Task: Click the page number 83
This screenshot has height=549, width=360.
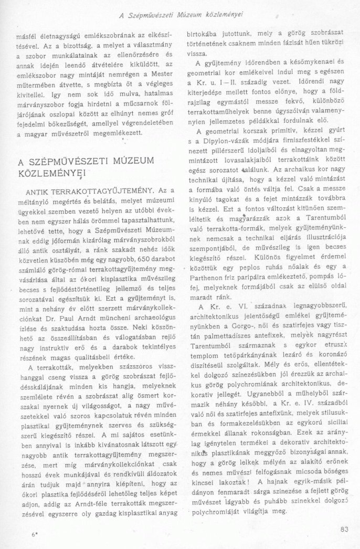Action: point(344,529)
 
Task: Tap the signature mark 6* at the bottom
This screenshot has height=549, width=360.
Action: point(35,534)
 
